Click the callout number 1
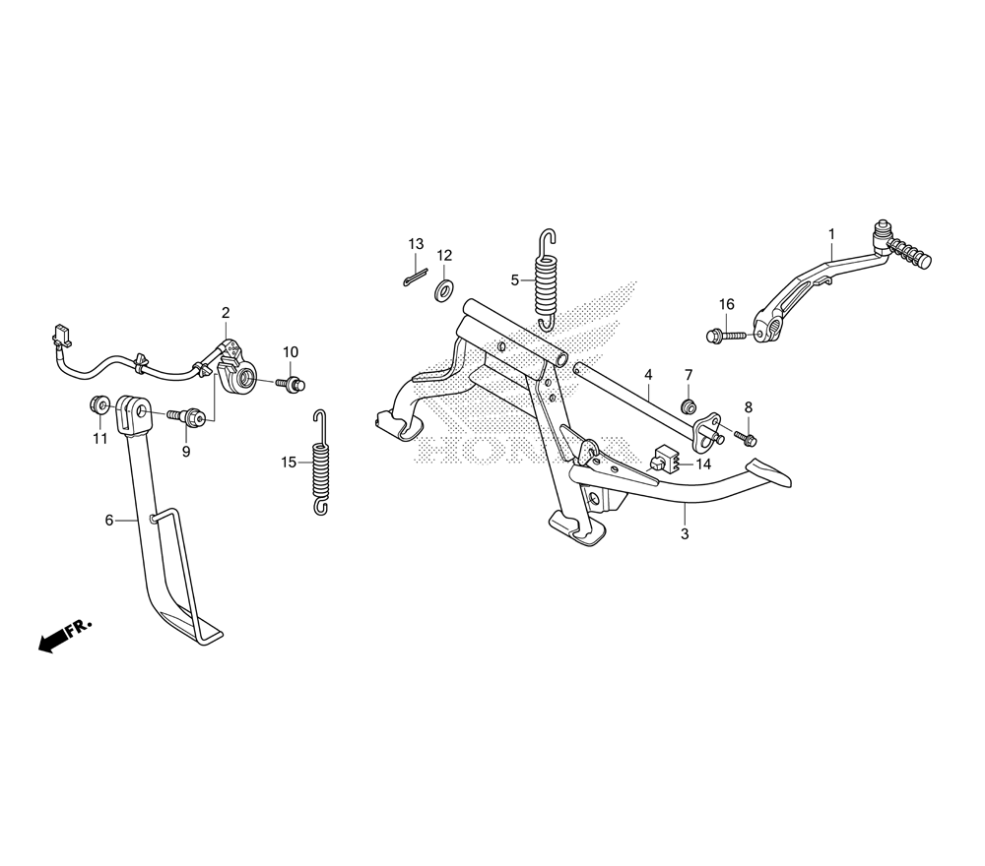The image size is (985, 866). coord(830,234)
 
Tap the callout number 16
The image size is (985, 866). coord(726,304)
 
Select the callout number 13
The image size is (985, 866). coord(416,244)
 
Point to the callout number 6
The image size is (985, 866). coord(109,520)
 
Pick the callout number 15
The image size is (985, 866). coord(289,462)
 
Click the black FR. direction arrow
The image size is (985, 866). coord(49,641)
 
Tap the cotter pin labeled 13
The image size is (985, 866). coord(415,278)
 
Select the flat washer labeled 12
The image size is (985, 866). coord(443,289)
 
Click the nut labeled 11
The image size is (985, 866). coord(100,403)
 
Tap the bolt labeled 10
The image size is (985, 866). coord(292,383)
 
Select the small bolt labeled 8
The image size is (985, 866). coord(748,435)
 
